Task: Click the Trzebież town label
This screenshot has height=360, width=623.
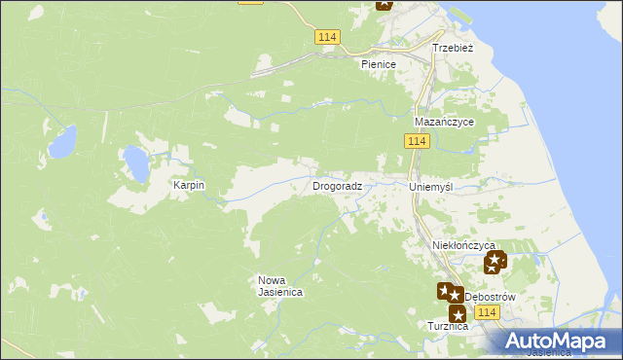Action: pos(453,47)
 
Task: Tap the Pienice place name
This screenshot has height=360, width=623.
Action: pos(379,64)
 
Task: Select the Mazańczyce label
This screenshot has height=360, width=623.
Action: pos(444,123)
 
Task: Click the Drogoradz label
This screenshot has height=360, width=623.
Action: pos(338,185)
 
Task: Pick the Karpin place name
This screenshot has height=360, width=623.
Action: pos(189,185)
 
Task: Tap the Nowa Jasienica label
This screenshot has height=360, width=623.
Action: pos(280,286)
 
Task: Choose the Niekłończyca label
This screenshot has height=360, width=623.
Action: pos(463,246)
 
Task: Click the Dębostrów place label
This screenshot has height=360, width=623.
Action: pos(489,296)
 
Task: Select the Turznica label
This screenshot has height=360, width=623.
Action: pos(448,326)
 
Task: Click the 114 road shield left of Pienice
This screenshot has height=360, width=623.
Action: pos(327,36)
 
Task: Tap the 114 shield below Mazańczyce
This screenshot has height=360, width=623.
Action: pos(417,142)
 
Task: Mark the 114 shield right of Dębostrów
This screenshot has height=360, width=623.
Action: pos(488,311)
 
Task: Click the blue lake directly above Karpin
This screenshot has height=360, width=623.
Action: pos(135,163)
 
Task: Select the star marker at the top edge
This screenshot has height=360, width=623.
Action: pos(385,3)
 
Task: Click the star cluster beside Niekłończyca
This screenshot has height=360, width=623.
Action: pos(495,261)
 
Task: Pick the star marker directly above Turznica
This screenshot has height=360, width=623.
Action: pos(457,312)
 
